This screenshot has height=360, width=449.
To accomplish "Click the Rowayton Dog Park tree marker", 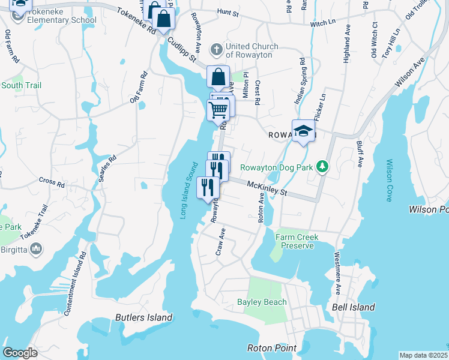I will pyautogui.click(x=323, y=167).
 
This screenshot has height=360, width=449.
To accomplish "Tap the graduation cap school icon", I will pyautogui.click(x=304, y=131).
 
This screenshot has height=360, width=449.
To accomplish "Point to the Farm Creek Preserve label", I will pyautogui.click(x=295, y=241).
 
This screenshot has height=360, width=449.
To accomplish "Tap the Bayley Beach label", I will pyautogui.click(x=262, y=302).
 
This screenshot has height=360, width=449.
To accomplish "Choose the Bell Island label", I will pyautogui.click(x=353, y=307).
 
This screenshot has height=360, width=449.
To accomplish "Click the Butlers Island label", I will pyautogui.click(x=143, y=317).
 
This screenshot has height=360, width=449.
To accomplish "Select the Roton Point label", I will pyautogui.click(x=272, y=348).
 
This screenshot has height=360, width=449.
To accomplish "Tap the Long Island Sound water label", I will pyautogui.click(x=189, y=190).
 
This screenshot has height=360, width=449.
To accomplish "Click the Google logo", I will pyautogui.click(x=20, y=352).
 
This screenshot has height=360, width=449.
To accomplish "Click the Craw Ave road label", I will pyautogui.click(x=220, y=242).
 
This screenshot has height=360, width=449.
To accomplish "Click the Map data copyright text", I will pyautogui.click(x=423, y=355).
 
